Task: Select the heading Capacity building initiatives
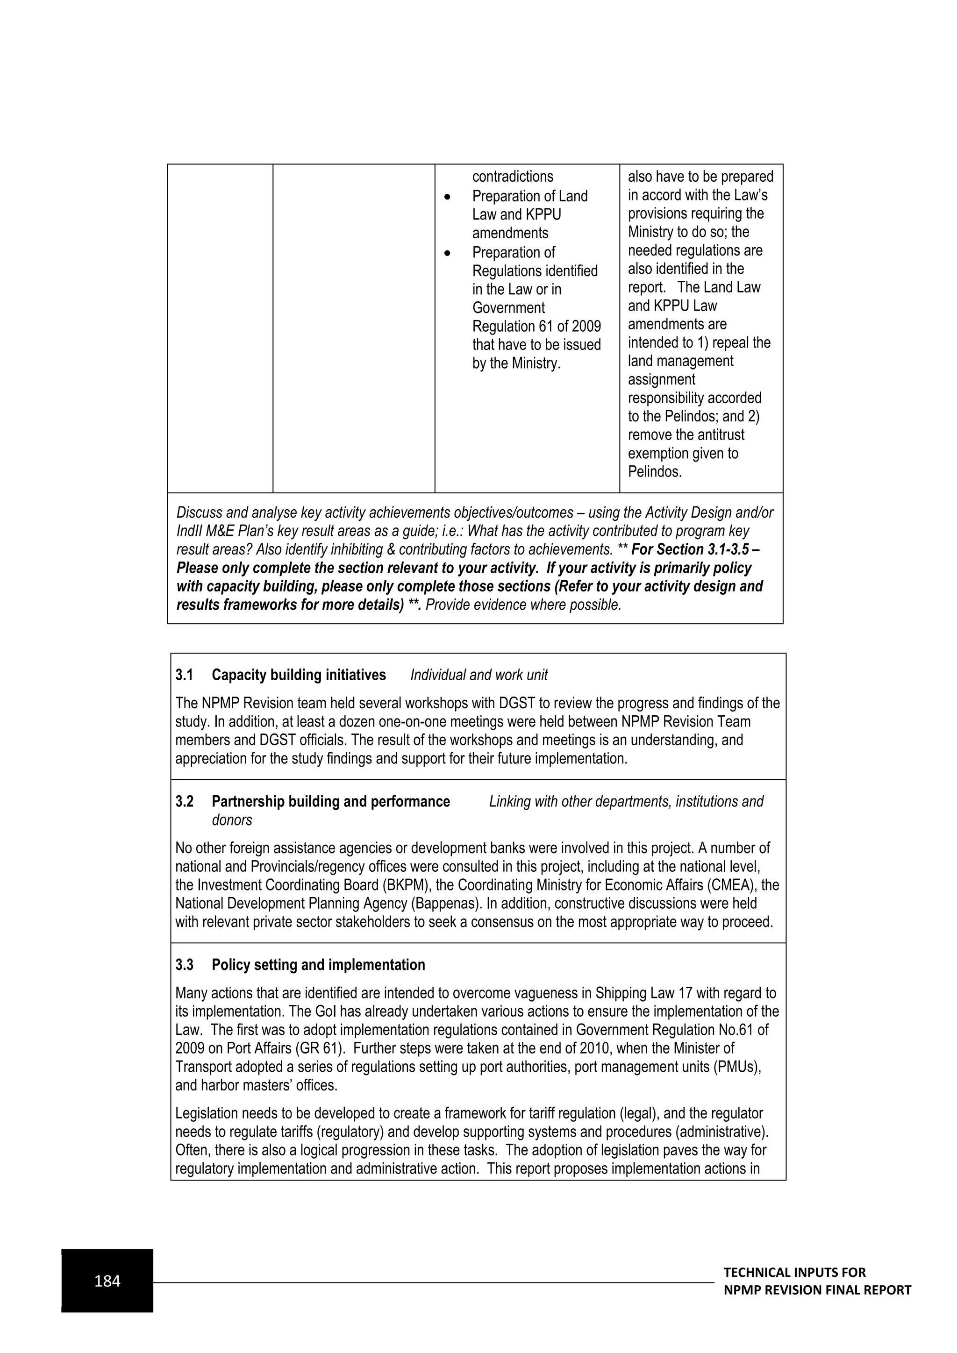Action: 299,675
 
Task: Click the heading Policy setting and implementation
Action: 318,965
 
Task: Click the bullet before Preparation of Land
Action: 448,197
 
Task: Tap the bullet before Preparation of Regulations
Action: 448,253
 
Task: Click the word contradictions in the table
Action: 513,177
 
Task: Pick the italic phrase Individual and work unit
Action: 479,675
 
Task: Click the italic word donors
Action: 232,820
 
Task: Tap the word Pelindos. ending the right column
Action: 655,472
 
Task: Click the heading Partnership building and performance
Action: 330,801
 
